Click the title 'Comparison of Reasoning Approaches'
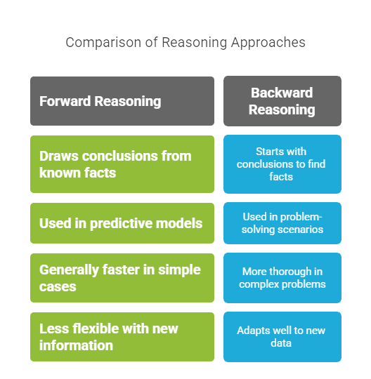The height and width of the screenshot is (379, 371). click(x=185, y=42)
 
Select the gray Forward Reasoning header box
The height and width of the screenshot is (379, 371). click(x=122, y=101)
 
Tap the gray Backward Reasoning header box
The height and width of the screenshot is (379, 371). click(x=282, y=101)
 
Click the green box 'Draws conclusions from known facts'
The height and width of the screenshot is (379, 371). click(x=122, y=164)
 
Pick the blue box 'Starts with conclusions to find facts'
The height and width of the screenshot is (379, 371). click(x=282, y=164)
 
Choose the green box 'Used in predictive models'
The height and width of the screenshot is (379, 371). click(x=122, y=223)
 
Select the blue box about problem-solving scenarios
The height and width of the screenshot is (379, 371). click(x=282, y=223)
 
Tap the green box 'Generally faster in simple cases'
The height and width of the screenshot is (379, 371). click(x=122, y=278)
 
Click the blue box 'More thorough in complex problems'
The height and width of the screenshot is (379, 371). click(x=282, y=278)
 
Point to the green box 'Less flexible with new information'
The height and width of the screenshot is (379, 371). click(x=122, y=337)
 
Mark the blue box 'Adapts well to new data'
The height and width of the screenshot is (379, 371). click(x=282, y=337)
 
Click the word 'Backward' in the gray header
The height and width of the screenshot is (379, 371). click(x=282, y=93)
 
